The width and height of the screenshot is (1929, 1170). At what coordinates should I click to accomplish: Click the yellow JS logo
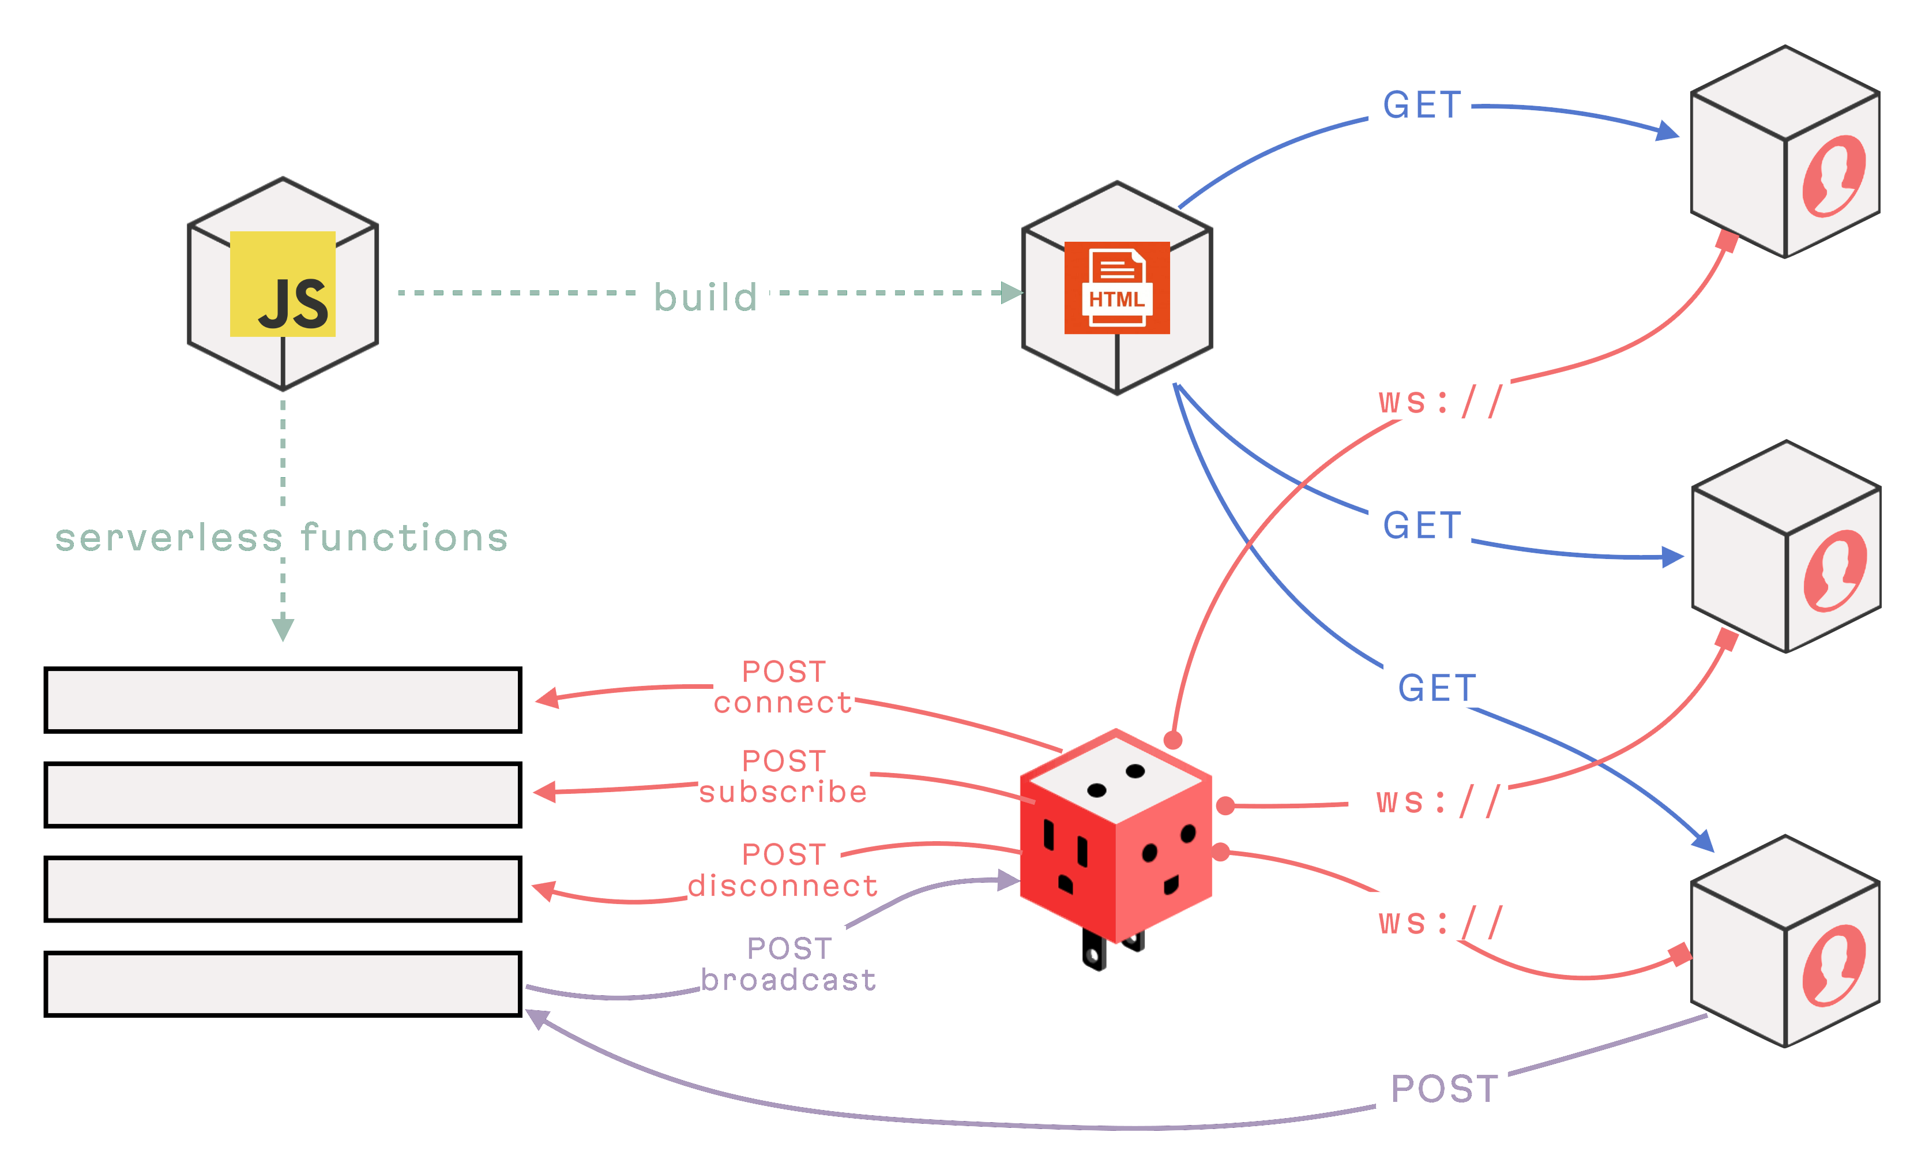283,283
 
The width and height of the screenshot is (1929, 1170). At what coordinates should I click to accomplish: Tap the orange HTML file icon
1116,287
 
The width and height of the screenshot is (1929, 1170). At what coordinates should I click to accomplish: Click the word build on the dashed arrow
705,297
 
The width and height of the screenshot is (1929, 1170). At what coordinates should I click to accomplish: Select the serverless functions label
282,538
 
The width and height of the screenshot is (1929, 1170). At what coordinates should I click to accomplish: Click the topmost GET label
1422,105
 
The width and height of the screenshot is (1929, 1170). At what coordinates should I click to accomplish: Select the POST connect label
783,687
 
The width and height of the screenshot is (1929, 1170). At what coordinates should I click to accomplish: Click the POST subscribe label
783,776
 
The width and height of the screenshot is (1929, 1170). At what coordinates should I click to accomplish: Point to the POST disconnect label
783,870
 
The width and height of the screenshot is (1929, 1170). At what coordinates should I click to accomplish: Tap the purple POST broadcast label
788,964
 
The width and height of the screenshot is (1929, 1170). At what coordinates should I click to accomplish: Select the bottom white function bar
283,984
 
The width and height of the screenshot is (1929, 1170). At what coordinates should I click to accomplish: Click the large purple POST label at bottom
1445,1089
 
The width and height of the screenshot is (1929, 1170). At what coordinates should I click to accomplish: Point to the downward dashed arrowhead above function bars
283,629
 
